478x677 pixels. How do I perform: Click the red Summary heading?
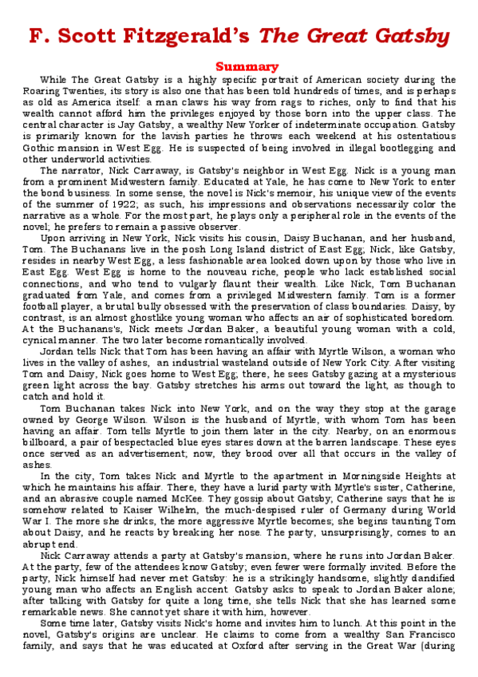pos(247,66)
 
